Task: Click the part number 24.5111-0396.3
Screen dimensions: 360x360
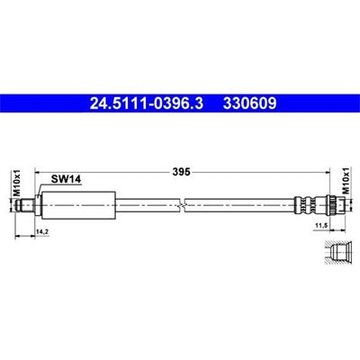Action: [147, 103]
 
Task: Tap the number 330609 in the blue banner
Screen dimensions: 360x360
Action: [249, 103]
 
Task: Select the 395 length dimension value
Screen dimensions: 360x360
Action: [181, 172]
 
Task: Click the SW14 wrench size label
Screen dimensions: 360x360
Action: [66, 179]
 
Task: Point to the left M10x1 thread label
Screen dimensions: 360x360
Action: [18, 183]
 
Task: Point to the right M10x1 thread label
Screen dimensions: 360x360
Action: [346, 181]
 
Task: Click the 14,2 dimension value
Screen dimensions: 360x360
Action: [42, 232]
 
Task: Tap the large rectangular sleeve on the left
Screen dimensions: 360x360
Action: [78, 205]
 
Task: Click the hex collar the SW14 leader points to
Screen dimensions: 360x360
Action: [38, 205]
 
